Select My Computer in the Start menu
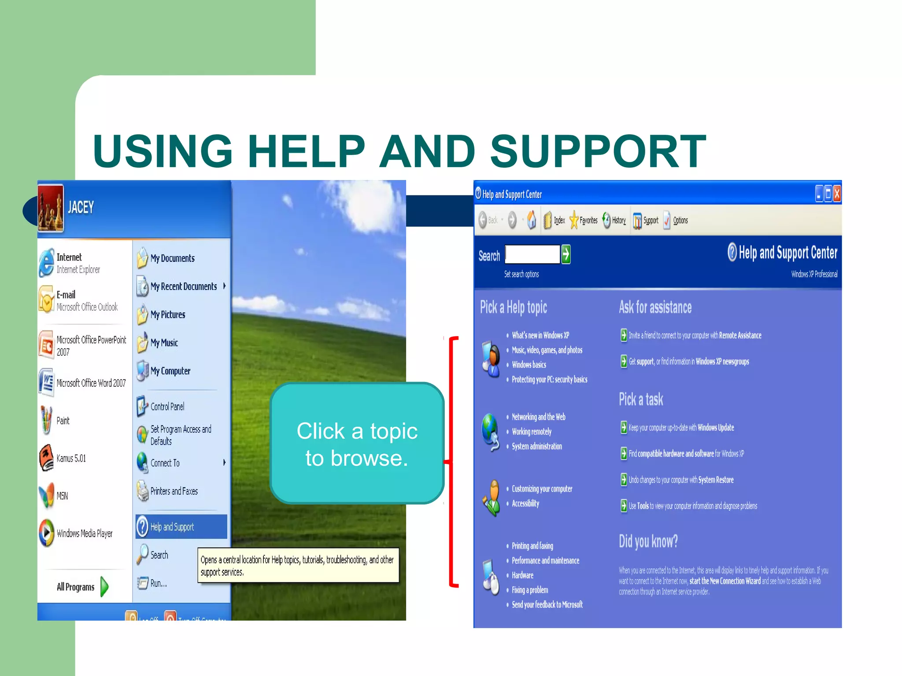pos(170,371)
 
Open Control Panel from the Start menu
pos(167,407)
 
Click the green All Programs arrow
pos(104,587)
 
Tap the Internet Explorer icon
pos(46,263)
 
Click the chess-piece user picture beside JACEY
pos(51,208)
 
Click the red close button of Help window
pos(837,194)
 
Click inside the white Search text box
pos(532,254)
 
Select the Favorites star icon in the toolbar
pos(574,220)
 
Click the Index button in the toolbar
pos(559,220)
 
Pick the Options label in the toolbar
pos(680,220)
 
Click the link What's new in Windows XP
pos(540,335)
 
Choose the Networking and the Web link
pos(538,417)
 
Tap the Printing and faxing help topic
pos(532,546)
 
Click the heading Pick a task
pos(641,400)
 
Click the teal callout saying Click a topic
pos(357,443)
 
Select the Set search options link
pos(521,274)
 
